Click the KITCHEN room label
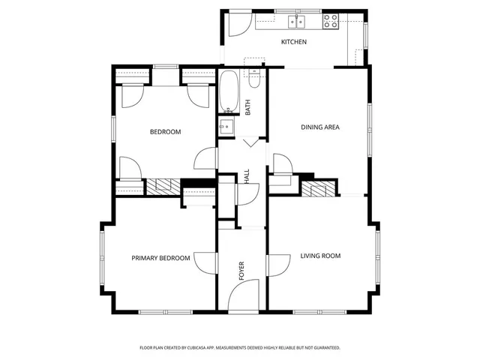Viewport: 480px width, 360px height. point(293,42)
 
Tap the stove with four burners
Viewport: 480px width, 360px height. point(331,22)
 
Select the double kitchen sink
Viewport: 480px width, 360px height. point(298,22)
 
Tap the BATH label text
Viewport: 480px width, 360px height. point(248,107)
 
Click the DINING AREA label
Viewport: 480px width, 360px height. point(320,127)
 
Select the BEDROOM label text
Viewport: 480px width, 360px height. point(165,132)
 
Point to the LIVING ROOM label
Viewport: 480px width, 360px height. point(320,256)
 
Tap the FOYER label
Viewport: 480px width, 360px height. point(242,271)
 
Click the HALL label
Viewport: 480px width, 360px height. point(247,176)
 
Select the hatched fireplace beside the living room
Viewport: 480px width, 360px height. point(319,188)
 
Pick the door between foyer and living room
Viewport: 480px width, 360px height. point(278,265)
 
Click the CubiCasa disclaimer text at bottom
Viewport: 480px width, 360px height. point(240,348)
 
